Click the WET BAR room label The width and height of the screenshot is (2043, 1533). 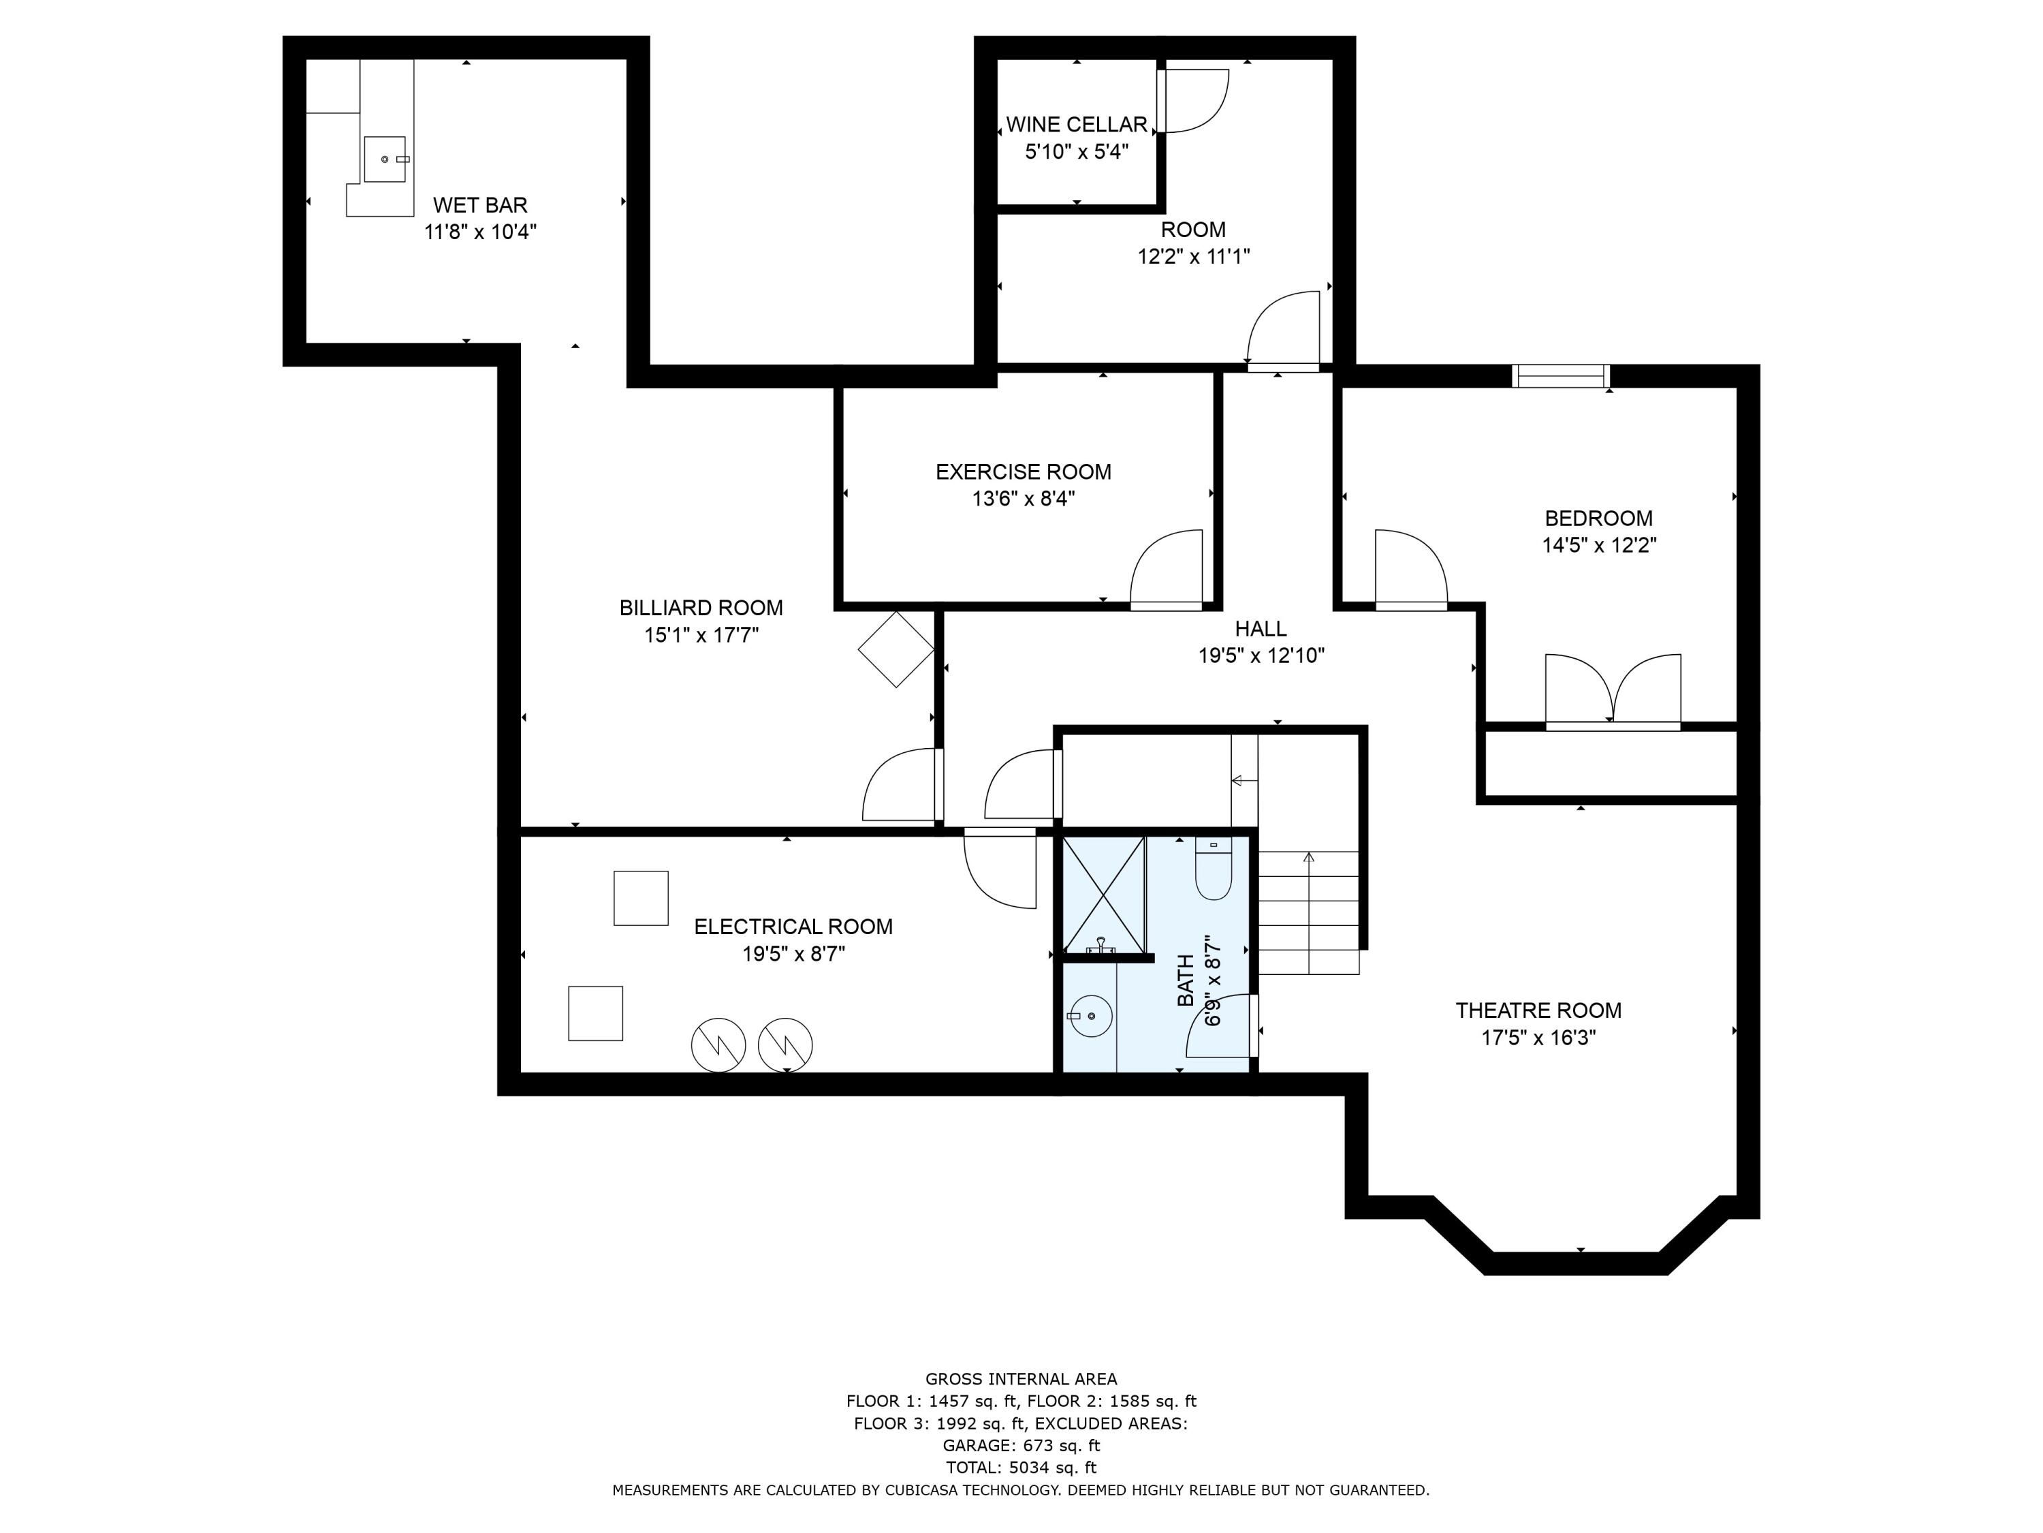pos(480,204)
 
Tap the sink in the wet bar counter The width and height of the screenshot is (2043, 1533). pos(385,159)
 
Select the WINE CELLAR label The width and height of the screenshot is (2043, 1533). pos(1076,124)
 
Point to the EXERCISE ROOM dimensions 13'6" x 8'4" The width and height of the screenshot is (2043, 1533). pos(1024,499)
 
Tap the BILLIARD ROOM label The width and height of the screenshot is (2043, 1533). pos(701,608)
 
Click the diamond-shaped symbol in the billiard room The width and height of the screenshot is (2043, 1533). pos(896,649)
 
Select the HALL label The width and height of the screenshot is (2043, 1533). pos(1261,628)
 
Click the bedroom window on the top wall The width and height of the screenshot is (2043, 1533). pos(1561,376)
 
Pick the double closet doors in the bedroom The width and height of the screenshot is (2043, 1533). pos(1613,691)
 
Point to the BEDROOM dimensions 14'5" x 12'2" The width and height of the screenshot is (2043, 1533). pos(1599,545)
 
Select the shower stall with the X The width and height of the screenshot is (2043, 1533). pos(1104,895)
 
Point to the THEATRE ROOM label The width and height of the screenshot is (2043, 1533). pos(1538,1011)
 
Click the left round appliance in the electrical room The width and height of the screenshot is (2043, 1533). pos(718,1045)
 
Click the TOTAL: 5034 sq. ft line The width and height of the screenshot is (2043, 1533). pos(1022,1468)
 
